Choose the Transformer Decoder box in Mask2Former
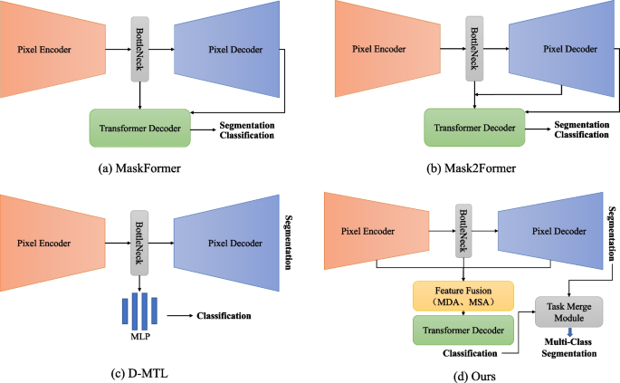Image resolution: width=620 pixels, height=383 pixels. pyautogui.click(x=475, y=128)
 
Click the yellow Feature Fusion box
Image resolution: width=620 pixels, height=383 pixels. pyautogui.click(x=463, y=295)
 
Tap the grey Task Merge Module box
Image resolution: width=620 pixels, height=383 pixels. pyautogui.click(x=568, y=312)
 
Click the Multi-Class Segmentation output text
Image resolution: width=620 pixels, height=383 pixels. pyautogui.click(x=568, y=349)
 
